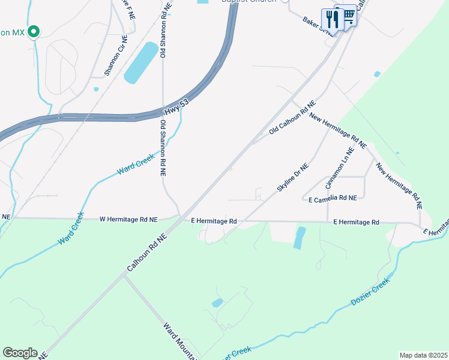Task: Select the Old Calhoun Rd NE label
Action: tap(292, 118)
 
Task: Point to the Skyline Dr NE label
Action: tap(292, 178)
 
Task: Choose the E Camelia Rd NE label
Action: tap(332, 198)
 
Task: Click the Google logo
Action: tap(20, 353)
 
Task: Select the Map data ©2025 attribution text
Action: tap(423, 355)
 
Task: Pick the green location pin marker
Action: tap(34, 31)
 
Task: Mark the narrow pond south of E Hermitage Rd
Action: tap(300, 238)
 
